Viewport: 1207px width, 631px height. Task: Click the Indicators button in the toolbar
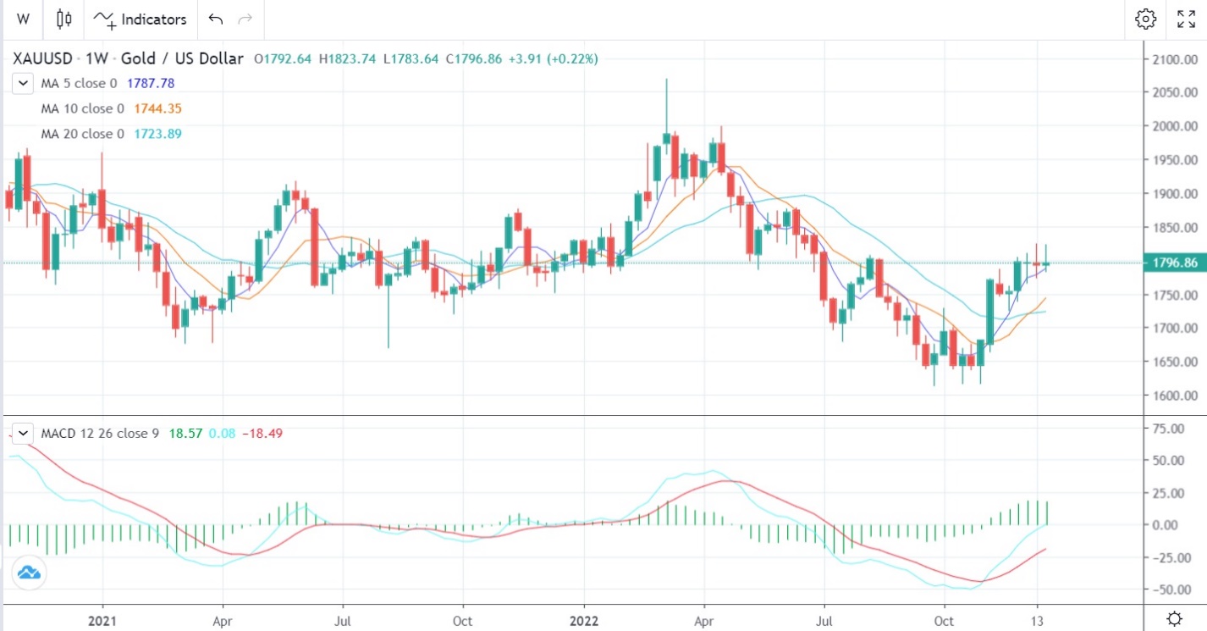tap(141, 19)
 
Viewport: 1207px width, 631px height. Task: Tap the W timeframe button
tap(23, 19)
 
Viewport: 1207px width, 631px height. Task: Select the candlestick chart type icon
tap(64, 19)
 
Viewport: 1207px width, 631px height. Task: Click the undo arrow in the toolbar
tap(216, 19)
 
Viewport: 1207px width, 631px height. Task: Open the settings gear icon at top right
tap(1146, 19)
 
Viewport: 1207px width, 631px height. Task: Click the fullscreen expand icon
tap(1186, 19)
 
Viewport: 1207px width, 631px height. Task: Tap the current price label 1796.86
tap(1173, 263)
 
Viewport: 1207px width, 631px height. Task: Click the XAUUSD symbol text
tap(41, 59)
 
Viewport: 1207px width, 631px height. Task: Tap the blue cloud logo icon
tap(29, 573)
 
